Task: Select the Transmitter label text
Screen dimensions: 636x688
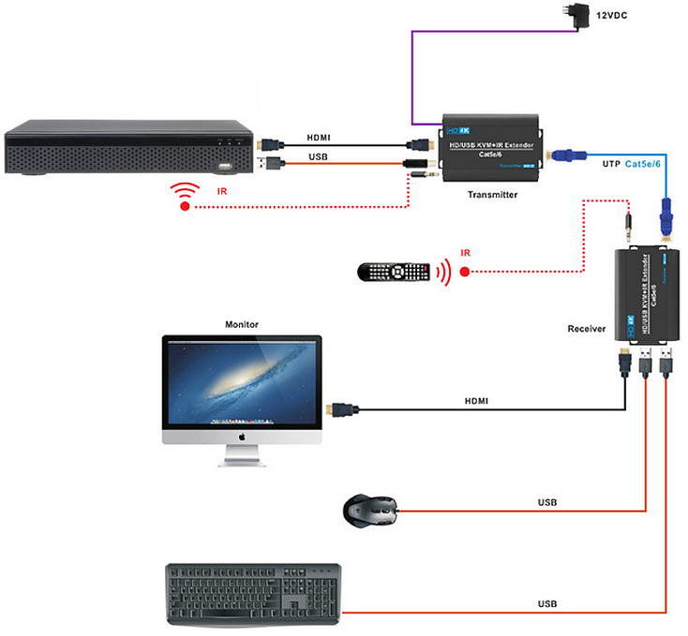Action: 492,194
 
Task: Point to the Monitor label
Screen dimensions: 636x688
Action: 241,324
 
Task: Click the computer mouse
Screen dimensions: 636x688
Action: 369,509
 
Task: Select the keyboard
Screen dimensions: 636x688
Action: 253,594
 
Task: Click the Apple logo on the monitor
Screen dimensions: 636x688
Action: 241,436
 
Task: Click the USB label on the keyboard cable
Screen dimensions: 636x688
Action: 547,604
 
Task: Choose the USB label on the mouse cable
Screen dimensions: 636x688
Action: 547,503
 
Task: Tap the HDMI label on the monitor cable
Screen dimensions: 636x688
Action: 478,401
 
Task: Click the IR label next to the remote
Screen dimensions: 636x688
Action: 466,252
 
